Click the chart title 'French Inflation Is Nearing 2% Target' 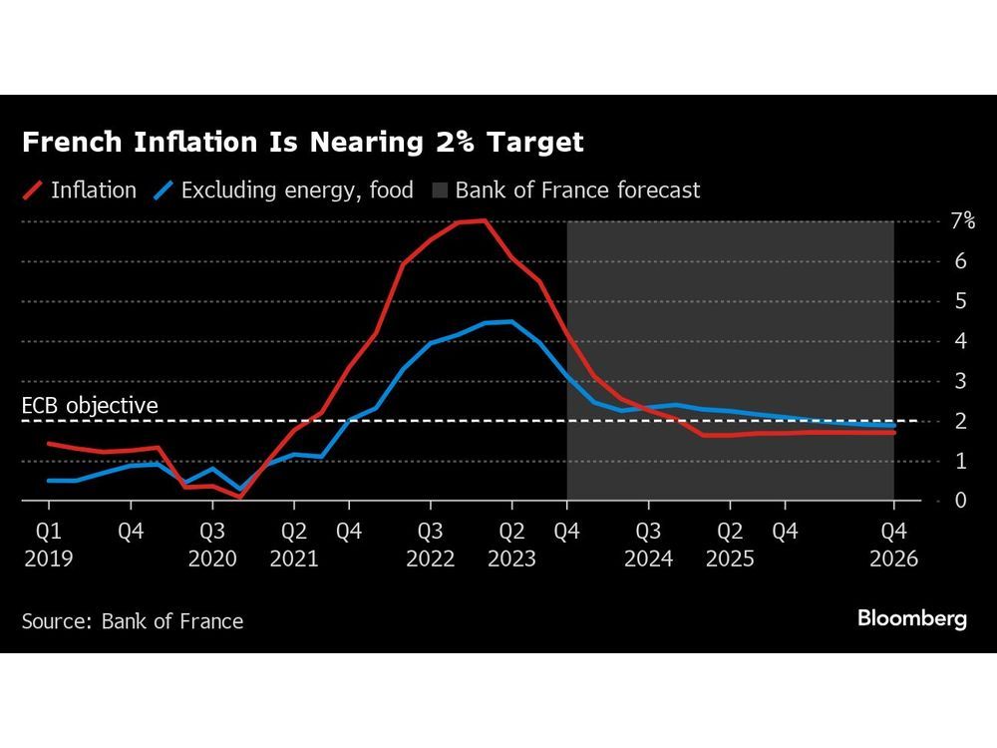(302, 143)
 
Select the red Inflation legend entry (80, 189)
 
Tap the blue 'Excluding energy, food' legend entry (284, 189)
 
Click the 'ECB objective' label (90, 406)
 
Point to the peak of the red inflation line (484, 220)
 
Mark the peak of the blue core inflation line (510, 321)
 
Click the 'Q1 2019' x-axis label (48, 545)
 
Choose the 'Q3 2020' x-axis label (211, 545)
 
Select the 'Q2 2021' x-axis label (293, 545)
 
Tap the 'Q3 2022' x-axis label (429, 545)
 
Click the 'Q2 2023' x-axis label (510, 545)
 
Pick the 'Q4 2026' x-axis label (893, 545)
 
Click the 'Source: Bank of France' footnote (133, 621)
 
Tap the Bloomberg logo (911, 618)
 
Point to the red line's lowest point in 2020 (240, 496)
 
